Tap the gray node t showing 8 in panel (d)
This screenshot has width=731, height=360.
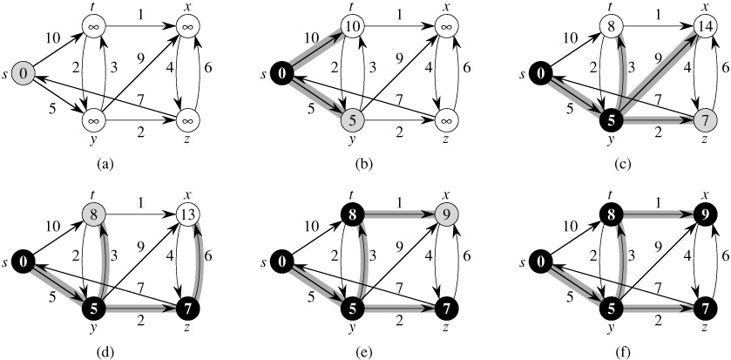click(95, 210)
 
